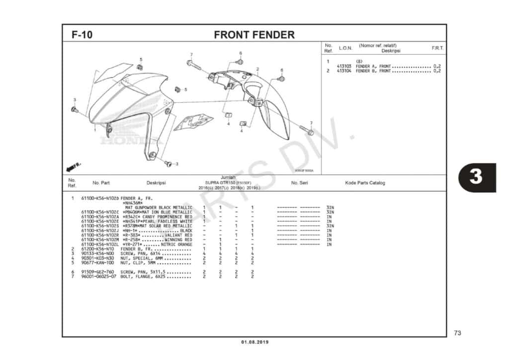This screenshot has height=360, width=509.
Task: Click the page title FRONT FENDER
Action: pos(254,35)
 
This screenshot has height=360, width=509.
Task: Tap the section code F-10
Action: pos(82,35)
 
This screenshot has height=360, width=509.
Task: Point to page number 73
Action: pos(457,333)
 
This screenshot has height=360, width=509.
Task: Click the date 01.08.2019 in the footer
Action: pos(254,342)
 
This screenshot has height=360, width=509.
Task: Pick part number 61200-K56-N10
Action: pos(97,249)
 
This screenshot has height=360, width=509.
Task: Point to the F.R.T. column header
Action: pos(437,48)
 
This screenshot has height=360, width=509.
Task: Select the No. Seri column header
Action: pos(299,183)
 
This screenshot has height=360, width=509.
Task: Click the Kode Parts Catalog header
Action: pos(365,183)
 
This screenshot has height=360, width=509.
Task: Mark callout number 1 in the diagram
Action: pos(95,130)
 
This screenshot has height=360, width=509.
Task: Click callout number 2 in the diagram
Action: pos(257,69)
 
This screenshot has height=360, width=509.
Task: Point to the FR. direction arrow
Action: pos(73,165)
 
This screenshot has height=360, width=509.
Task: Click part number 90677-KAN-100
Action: pos(97,263)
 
